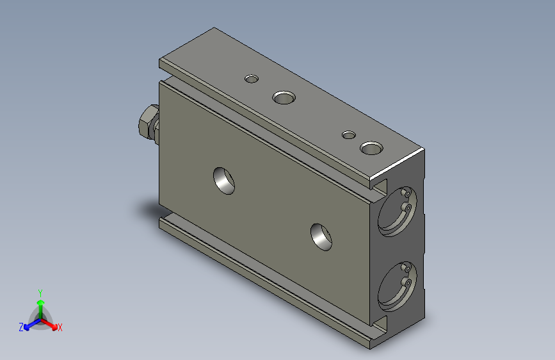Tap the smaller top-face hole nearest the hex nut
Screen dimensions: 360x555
pyautogui.click(x=252, y=79)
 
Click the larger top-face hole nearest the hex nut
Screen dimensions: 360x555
pyautogui.click(x=284, y=98)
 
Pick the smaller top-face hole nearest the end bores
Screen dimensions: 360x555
pyautogui.click(x=349, y=135)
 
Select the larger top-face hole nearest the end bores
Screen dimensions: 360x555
pyautogui.click(x=370, y=149)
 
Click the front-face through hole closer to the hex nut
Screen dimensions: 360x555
pyautogui.click(x=224, y=180)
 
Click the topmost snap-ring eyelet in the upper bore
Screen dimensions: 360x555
pyautogui.click(x=406, y=193)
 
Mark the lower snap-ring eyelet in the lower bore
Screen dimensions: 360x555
pyautogui.click(x=405, y=282)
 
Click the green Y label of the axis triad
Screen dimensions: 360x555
pyautogui.click(x=40, y=291)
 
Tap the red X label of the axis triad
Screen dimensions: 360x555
pyautogui.click(x=60, y=327)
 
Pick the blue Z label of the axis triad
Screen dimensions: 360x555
pyautogui.click(x=21, y=327)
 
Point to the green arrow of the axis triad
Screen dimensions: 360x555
pyautogui.click(x=40, y=305)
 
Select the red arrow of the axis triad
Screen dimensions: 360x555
pyautogui.click(x=51, y=323)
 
